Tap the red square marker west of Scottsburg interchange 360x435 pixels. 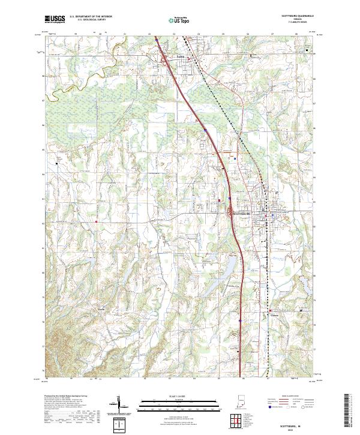[220, 200]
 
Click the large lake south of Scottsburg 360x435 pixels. [230, 264]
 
